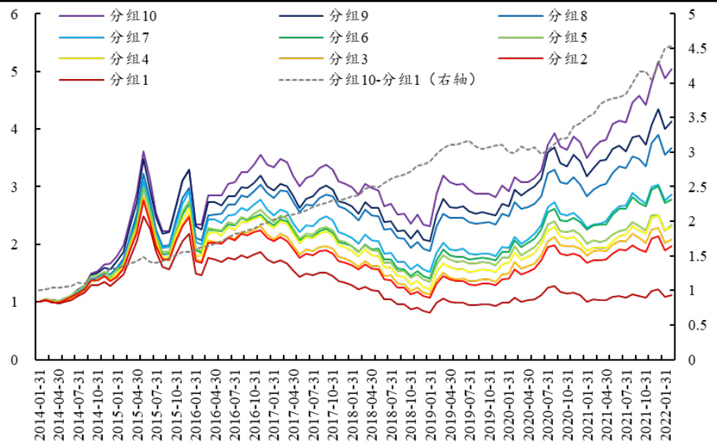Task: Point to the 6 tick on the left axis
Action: tap(15, 14)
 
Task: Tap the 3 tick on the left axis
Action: tap(15, 187)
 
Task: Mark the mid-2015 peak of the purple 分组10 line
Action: tap(144, 152)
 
